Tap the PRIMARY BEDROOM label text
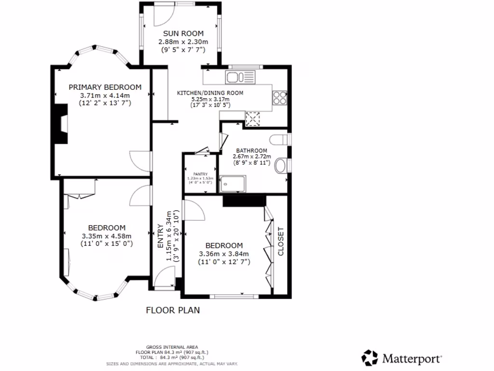click(x=105, y=87)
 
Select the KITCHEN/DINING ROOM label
click(x=210, y=93)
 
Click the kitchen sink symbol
click(x=239, y=77)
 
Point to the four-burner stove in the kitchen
click(x=280, y=98)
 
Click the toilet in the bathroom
click(x=279, y=140)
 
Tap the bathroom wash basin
click(x=281, y=167)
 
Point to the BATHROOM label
click(x=251, y=150)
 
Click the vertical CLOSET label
click(x=281, y=242)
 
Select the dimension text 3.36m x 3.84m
click(x=224, y=254)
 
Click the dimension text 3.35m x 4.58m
click(x=107, y=236)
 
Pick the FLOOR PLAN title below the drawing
click(x=173, y=310)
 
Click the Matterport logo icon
click(x=370, y=358)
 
